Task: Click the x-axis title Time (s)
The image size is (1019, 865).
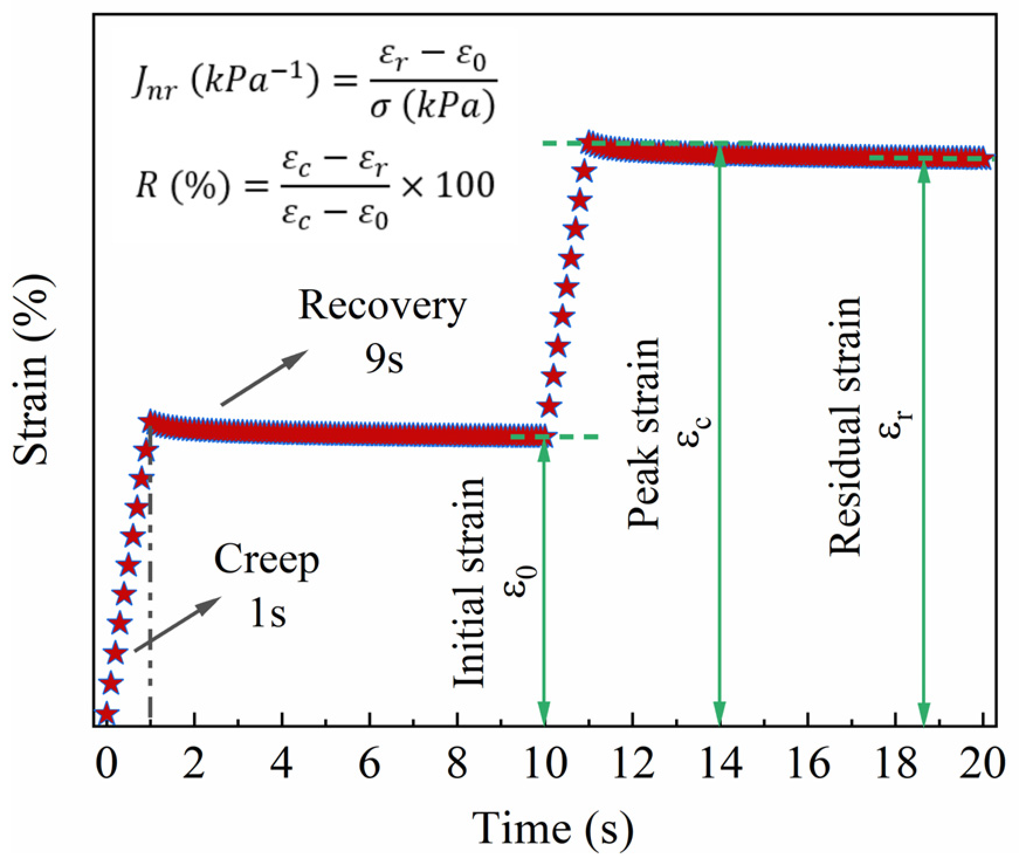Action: pos(552,828)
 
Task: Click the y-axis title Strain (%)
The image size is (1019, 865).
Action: pos(33,372)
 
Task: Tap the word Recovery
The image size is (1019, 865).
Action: pos(383,306)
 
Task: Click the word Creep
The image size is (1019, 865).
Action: pos(267,561)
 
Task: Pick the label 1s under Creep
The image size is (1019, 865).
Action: pos(268,616)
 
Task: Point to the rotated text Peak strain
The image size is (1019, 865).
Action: pos(643,433)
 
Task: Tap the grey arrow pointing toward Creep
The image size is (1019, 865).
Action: pos(178,624)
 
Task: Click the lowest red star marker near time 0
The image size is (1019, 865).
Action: pos(105,713)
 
